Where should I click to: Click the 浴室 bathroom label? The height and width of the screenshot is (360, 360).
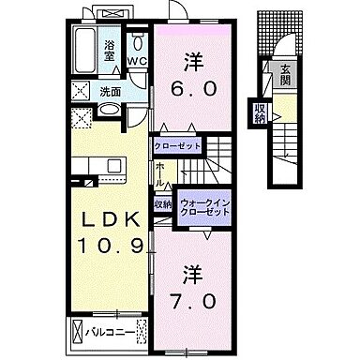coord(111,52)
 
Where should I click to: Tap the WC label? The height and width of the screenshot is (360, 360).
coord(137,63)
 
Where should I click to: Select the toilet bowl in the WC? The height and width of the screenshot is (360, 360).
coord(138,43)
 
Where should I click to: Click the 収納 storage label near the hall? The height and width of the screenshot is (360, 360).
coord(162,203)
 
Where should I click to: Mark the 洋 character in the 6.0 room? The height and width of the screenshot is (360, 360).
coord(193,63)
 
